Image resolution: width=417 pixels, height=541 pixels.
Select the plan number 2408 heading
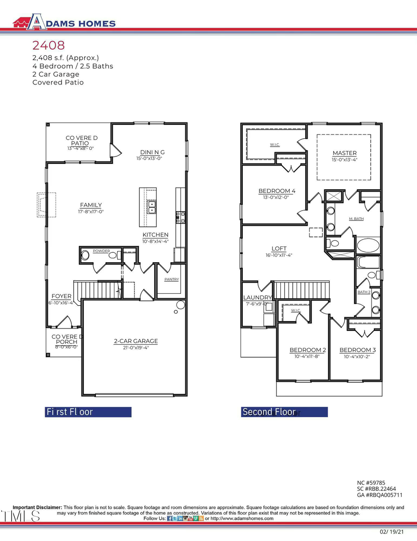point(48,45)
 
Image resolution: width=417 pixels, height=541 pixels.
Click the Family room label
point(91,205)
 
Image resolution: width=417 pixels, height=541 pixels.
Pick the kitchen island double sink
point(152,207)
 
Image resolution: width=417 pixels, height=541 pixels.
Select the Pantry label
point(171,279)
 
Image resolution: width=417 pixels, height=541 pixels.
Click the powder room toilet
point(85,255)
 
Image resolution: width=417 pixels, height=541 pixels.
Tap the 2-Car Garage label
point(136,341)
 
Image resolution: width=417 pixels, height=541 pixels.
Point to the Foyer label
point(61,296)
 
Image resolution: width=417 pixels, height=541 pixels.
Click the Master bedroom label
point(344,153)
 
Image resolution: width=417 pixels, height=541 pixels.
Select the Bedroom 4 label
point(277,191)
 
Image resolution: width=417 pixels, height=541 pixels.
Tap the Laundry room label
point(257,297)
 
